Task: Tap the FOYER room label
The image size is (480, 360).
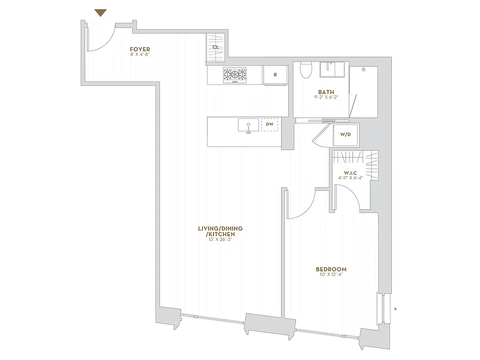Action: click(x=139, y=49)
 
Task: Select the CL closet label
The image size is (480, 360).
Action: click(x=215, y=47)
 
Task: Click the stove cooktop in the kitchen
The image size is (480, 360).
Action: click(x=235, y=74)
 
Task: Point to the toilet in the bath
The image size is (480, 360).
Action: click(x=306, y=70)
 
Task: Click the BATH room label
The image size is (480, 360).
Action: click(x=326, y=92)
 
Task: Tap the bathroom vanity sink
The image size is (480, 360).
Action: click(x=332, y=70)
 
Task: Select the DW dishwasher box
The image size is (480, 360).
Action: click(x=269, y=124)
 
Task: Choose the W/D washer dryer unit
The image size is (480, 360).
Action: click(x=345, y=134)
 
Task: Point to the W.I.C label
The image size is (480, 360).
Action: click(x=350, y=172)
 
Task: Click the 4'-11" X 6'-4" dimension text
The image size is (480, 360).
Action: click(x=350, y=178)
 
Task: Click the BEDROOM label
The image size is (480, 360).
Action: click(x=331, y=270)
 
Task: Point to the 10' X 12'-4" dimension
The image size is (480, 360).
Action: click(x=331, y=275)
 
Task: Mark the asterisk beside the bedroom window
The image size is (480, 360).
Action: click(x=395, y=309)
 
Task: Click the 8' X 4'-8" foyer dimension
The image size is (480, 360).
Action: click(x=139, y=55)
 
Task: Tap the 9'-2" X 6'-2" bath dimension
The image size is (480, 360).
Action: click(x=326, y=97)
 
